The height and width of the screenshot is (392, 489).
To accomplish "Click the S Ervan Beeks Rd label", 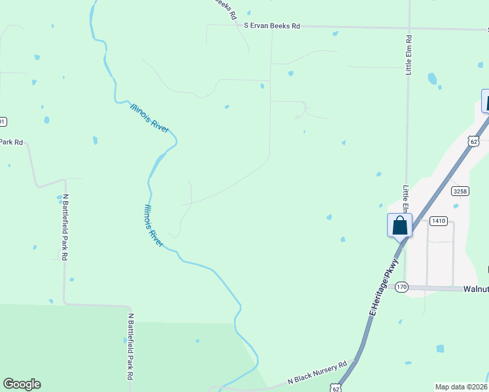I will point(272,26).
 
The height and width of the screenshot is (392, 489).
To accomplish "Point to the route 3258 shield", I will point(460,191).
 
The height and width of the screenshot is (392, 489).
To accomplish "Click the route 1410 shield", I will point(438,221).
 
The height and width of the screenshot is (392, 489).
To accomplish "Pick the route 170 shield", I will point(401,287).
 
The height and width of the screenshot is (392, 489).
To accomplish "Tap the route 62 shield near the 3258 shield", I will point(473,140).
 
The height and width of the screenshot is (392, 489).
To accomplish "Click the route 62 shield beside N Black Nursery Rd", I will point(335,388).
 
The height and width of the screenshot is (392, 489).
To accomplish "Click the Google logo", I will point(22,384).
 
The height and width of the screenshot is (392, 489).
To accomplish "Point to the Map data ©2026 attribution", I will point(462,387).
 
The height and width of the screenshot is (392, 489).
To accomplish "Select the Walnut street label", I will point(475,288).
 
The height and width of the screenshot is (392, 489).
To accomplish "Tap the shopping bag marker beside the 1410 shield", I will point(399,226).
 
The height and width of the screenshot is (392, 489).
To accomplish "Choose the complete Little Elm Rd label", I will point(409,54).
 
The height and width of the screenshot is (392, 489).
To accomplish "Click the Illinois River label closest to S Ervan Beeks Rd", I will point(150,118).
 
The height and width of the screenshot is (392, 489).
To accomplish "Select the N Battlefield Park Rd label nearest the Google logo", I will point(130,347).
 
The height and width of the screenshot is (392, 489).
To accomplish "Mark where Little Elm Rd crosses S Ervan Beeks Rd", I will point(409,28).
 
